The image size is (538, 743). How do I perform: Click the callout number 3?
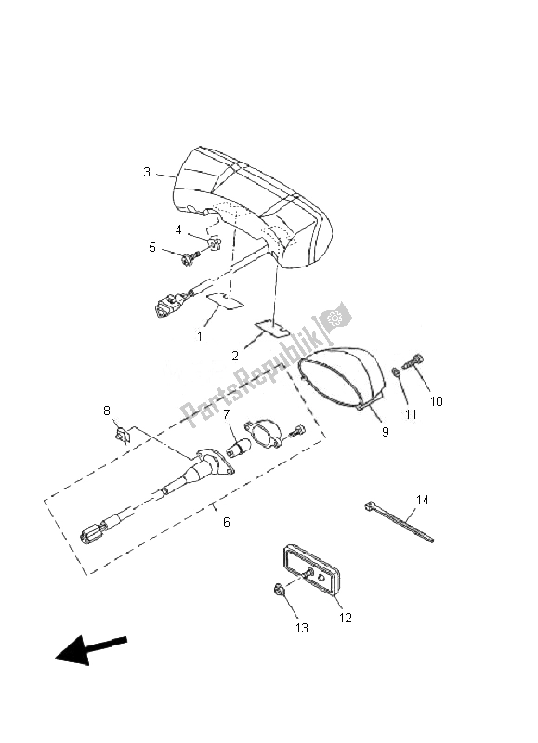pos(147,172)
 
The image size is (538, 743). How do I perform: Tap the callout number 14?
pos(423,500)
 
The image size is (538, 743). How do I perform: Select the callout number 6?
pos(227,522)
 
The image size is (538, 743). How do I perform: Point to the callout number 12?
pos(346,618)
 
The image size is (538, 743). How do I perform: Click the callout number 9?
pos(386,432)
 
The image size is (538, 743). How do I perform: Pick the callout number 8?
pos(107,411)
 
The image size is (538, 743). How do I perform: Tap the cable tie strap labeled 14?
pos(400,523)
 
